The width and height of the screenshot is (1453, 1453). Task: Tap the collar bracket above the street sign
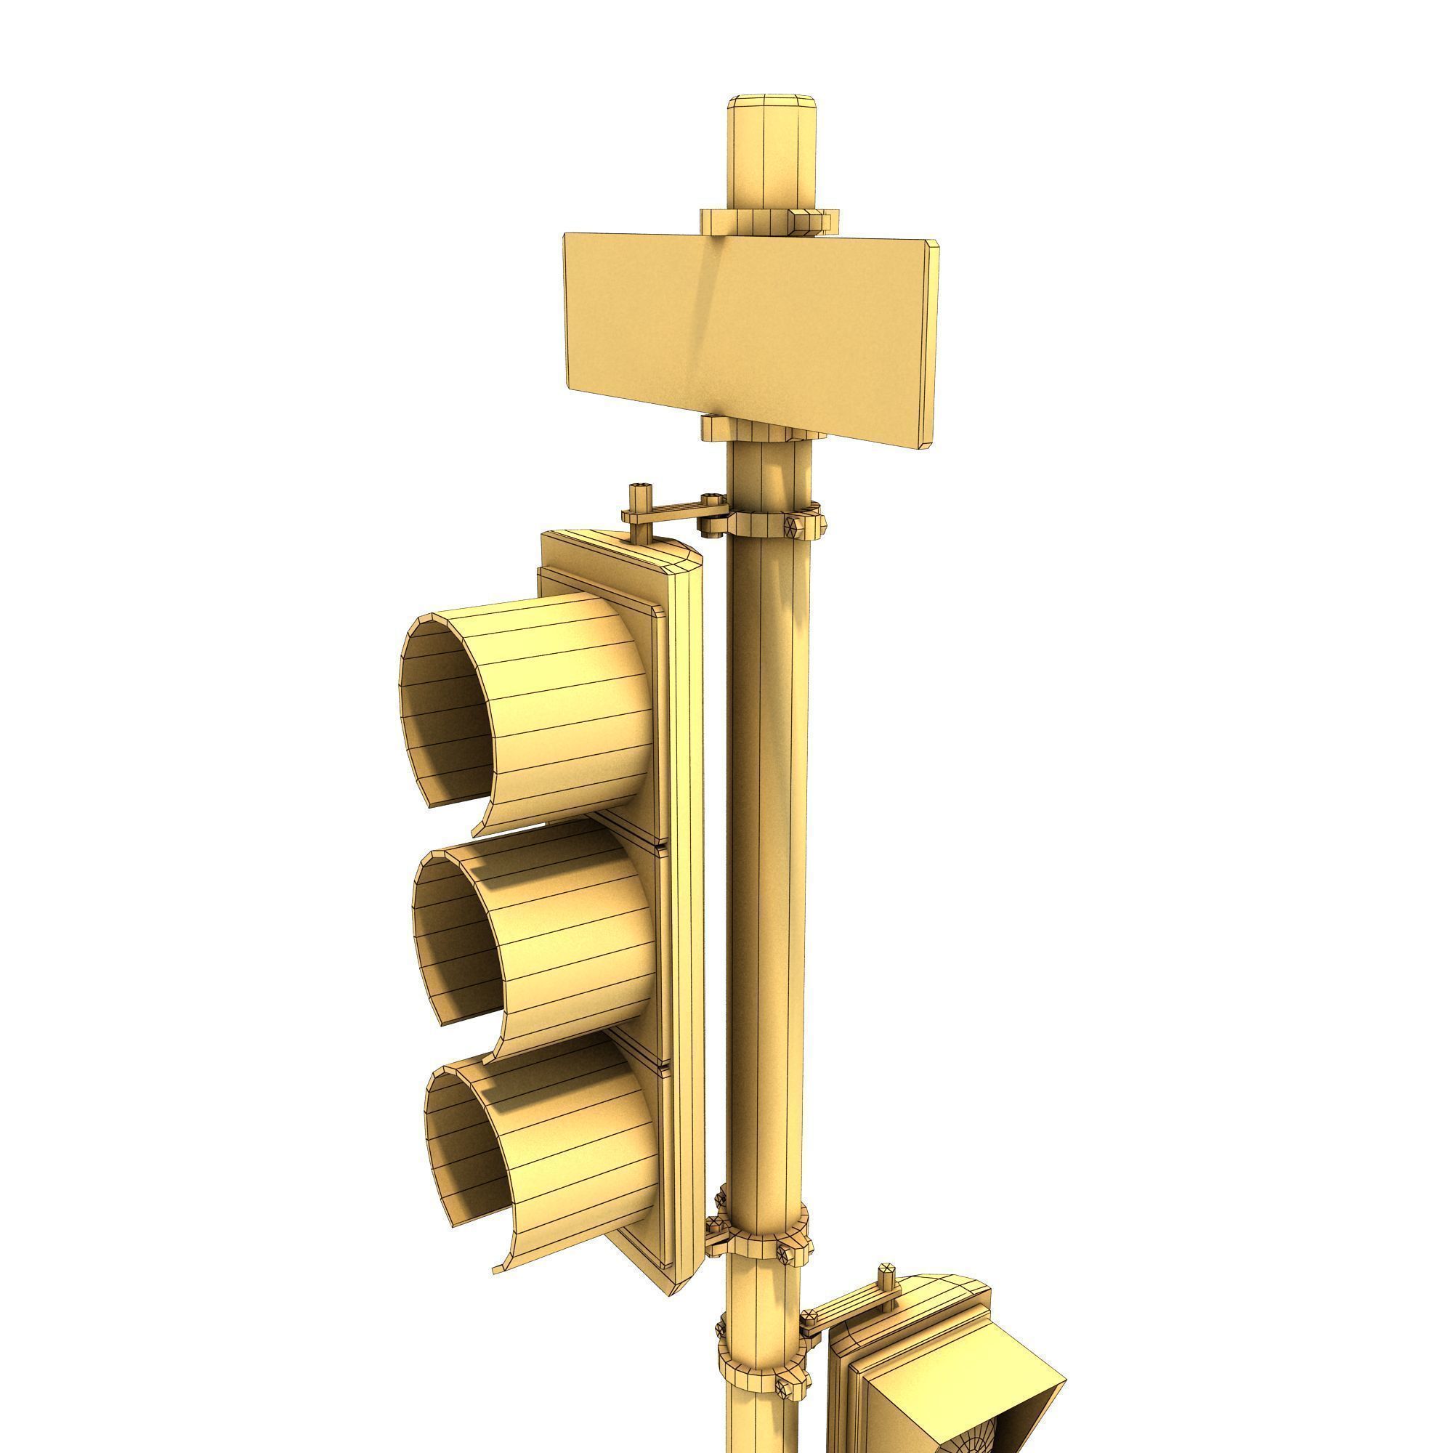[760, 220]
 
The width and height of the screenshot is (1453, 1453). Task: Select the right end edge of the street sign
[934, 342]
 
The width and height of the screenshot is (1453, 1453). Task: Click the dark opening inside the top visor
[444, 714]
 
